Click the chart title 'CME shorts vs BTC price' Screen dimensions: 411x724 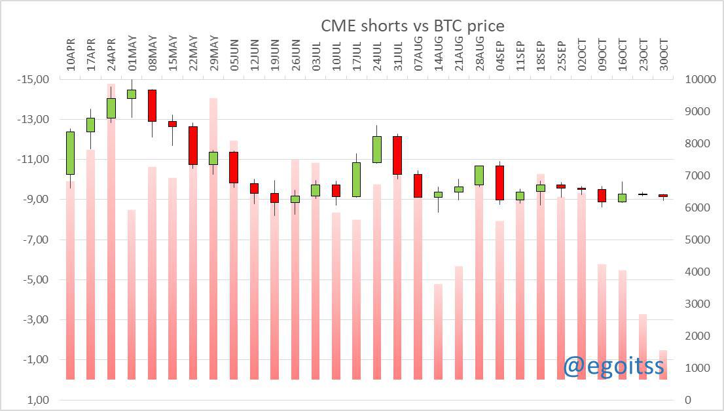[412, 26]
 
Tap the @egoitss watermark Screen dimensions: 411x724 [613, 366]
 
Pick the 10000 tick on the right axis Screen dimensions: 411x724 [699, 79]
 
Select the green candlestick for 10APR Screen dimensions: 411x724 [70, 152]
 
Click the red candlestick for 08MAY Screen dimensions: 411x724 [152, 105]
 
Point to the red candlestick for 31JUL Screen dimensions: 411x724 [397, 155]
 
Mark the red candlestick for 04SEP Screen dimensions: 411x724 [499, 183]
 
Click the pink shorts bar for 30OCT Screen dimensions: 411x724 [663, 365]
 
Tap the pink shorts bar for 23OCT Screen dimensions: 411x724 [643, 347]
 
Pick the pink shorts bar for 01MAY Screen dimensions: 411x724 [132, 295]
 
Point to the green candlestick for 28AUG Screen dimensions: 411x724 [479, 175]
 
